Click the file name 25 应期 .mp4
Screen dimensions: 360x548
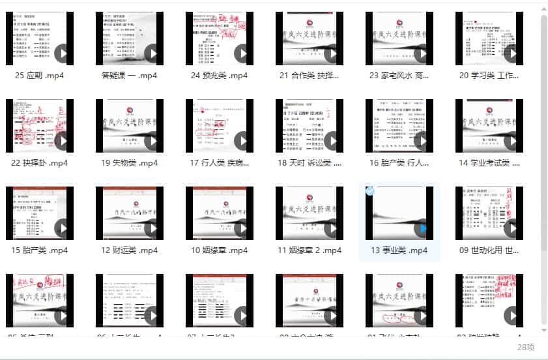click(39, 76)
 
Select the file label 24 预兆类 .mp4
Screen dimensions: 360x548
click(219, 76)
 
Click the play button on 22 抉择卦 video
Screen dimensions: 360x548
click(63, 141)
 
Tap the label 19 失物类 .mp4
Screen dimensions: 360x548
click(129, 163)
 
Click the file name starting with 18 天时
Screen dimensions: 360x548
click(309, 163)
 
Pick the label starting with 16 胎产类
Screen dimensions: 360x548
click(399, 163)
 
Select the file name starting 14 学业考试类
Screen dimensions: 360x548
click(489, 163)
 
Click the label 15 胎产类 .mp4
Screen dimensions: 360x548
click(39, 250)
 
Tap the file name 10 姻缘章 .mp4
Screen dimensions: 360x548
click(219, 250)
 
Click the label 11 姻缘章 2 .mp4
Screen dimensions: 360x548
click(309, 250)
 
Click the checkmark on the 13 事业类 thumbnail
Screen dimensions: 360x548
click(370, 191)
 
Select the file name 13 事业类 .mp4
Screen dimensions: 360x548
click(399, 250)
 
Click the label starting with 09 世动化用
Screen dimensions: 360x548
click(489, 250)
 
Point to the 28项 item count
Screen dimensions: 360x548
click(526, 347)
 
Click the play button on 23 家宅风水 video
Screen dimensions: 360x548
click(422, 53)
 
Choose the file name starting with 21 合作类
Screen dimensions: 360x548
click(309, 76)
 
